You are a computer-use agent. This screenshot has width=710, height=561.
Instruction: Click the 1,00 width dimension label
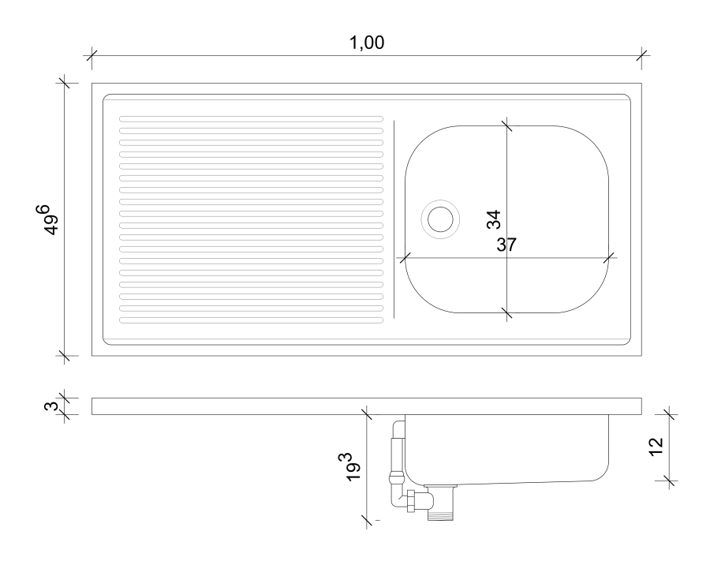point(367,43)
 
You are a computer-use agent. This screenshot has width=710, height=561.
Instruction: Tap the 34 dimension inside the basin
point(494,219)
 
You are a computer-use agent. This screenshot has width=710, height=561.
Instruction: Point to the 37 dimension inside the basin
point(506,245)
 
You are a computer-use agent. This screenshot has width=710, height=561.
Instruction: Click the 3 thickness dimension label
point(51,406)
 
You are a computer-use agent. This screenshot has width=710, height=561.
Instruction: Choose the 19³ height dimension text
point(351,467)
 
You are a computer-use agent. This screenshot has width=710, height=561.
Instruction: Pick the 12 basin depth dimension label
point(656,447)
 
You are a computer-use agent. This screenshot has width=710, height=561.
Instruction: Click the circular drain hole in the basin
point(440,219)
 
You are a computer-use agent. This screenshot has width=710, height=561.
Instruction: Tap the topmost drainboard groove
point(252,119)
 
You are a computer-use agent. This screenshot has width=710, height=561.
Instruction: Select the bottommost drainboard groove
point(252,320)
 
